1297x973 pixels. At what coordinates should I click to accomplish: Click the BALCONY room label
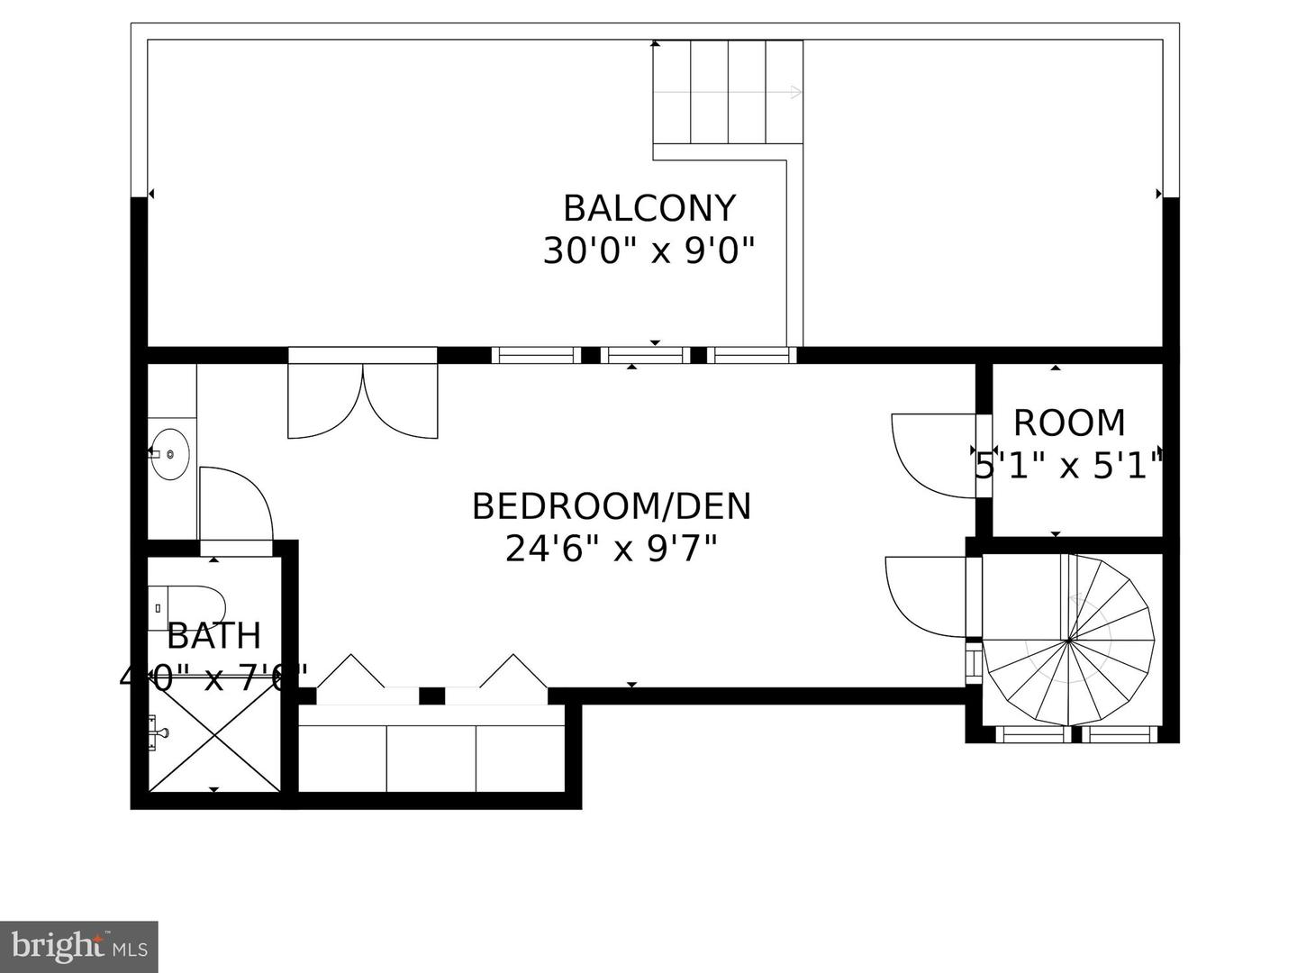[648, 208]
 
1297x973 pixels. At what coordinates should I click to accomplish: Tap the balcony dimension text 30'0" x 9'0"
[648, 250]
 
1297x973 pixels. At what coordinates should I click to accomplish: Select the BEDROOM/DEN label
[611, 506]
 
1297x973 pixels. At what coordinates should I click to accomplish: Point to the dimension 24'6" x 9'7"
[611, 548]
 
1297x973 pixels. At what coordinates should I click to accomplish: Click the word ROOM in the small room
[1069, 423]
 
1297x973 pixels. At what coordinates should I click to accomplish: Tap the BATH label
[213, 636]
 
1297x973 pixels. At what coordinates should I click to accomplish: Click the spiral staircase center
[1068, 641]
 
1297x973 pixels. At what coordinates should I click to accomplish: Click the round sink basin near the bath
[169, 454]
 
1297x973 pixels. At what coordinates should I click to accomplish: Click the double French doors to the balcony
[363, 401]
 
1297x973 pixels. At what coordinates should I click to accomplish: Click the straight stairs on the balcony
[728, 92]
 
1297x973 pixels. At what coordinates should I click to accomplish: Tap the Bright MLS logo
[78, 946]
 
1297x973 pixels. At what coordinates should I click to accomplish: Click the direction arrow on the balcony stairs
[793, 92]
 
